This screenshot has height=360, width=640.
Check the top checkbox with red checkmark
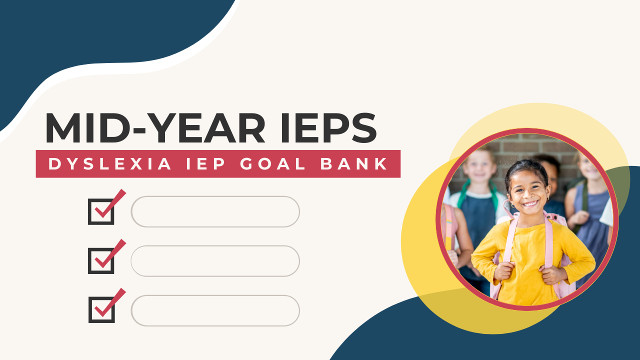pos(101,211)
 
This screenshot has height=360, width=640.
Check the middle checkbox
pos(101,260)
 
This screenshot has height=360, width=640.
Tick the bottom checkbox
pos(101,309)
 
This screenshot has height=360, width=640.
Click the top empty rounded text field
pos(215,211)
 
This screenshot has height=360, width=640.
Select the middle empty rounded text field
pos(215,260)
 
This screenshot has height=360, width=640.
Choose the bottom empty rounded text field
pos(215,310)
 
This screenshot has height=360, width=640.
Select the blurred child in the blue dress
pos(590,210)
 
